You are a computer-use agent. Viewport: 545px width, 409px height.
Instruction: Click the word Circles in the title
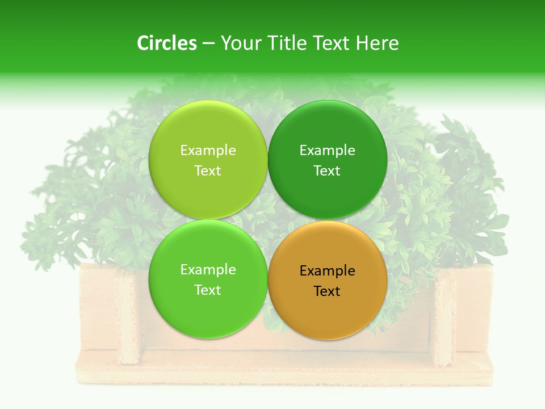pos(167,43)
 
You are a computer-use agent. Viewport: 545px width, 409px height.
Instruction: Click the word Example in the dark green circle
pos(327,151)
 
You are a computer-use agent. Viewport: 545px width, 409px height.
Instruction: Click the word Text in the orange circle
pos(327,291)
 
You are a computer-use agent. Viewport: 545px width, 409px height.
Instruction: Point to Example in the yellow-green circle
pos(208,151)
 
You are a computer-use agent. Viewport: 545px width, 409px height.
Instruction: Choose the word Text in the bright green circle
pos(208,290)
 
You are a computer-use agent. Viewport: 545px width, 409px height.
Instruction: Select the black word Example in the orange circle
pos(327,271)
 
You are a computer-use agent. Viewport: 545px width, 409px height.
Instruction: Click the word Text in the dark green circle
pos(327,171)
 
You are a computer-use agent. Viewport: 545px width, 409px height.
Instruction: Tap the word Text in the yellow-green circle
pos(208,171)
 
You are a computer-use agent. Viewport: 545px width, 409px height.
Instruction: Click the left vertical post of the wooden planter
pos(129,318)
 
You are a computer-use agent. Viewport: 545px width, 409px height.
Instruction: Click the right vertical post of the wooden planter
pos(443,318)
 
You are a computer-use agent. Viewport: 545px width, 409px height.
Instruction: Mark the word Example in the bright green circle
pos(208,270)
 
